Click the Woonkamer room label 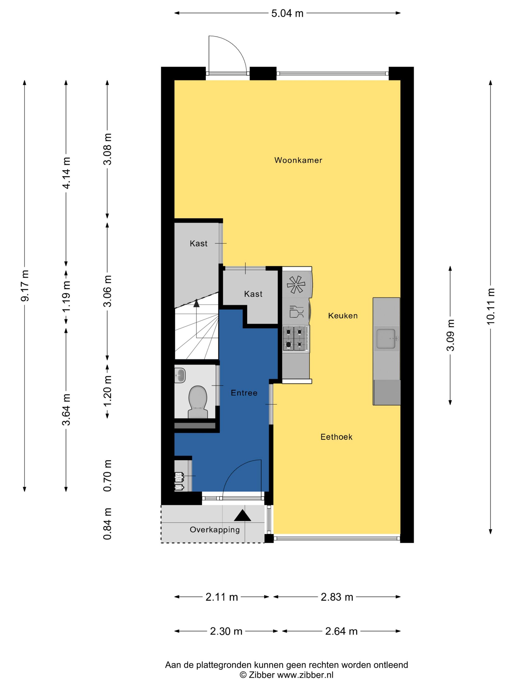coord(298,160)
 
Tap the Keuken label coord(343,316)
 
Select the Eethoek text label coord(336,437)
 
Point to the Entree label coord(244,393)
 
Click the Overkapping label coord(215,529)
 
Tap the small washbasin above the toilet coord(180,375)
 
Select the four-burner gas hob coord(296,339)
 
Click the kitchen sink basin coord(386,339)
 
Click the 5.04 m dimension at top coord(287,13)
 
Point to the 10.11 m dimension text coord(490,306)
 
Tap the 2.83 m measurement coord(337,597)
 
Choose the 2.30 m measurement coord(226,631)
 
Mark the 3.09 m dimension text coord(450,335)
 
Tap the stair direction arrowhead coord(196,303)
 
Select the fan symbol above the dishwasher coord(296,284)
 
